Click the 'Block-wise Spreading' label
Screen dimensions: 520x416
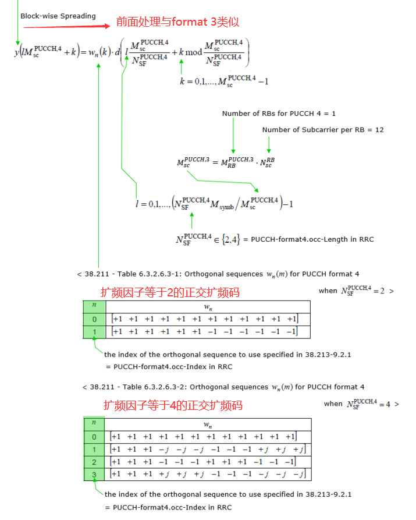click(x=58, y=16)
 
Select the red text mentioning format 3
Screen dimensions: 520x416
click(x=177, y=22)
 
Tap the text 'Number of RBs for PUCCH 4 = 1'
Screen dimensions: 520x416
click(x=279, y=114)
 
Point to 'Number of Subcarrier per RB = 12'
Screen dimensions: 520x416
click(x=323, y=130)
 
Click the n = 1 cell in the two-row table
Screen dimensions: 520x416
click(x=94, y=331)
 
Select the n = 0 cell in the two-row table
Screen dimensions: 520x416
click(x=94, y=319)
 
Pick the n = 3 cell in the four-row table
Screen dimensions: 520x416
click(x=94, y=474)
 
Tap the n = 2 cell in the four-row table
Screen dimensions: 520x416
click(x=94, y=462)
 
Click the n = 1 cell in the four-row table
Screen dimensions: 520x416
click(x=94, y=450)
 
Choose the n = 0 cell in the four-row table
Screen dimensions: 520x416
click(x=94, y=437)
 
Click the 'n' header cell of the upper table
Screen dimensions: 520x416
click(x=94, y=306)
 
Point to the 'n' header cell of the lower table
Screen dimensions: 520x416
click(x=94, y=424)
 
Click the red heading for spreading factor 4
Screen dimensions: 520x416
click(x=173, y=405)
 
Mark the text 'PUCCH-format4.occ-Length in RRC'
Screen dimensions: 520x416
click(x=312, y=239)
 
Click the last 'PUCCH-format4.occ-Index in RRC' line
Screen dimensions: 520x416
click(x=169, y=507)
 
